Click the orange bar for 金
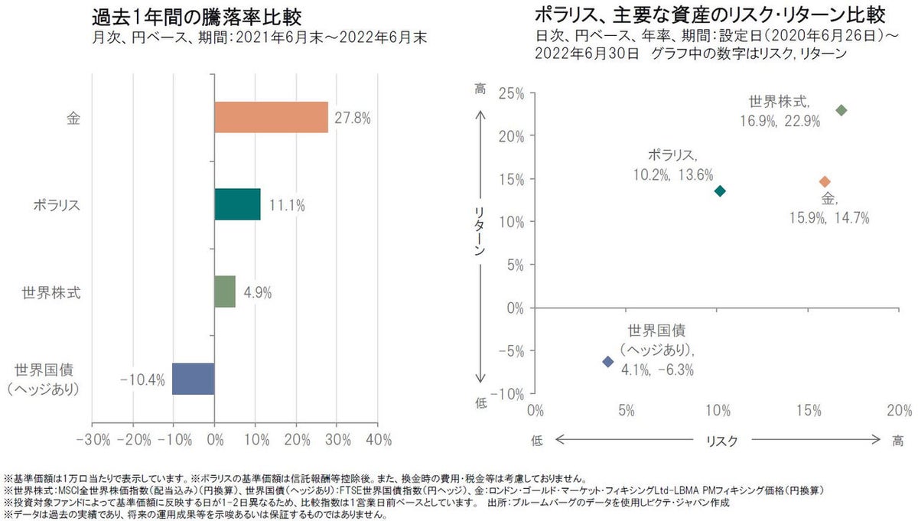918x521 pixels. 271,117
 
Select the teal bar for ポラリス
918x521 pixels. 237,204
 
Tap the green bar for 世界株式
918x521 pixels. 225,291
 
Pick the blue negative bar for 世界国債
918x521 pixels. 193,379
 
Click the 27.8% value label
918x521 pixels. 353,118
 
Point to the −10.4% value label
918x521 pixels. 142,379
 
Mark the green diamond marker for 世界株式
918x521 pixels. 841,110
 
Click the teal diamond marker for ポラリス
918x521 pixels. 720,190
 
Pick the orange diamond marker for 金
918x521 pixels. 825,181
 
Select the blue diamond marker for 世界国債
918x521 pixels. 608,361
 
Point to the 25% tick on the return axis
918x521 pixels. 510,93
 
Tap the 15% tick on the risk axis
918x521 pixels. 809,411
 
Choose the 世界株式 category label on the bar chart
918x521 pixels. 47,291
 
